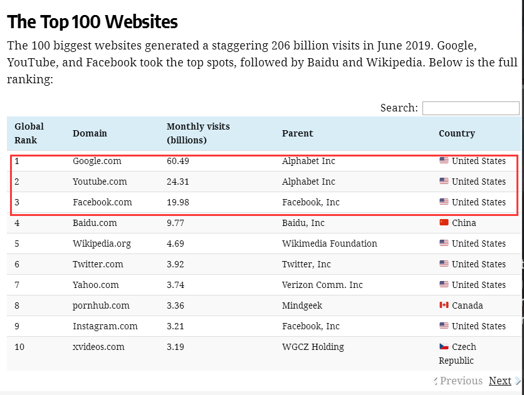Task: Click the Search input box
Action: [471, 108]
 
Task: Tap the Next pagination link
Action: [500, 381]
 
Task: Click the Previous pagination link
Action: [461, 381]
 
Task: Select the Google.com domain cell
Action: [97, 161]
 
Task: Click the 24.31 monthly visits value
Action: [178, 182]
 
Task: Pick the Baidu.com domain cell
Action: [95, 223]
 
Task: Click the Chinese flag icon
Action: [444, 223]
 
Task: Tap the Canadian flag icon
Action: [444, 305]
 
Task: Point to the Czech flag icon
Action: [444, 347]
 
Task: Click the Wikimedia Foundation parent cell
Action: [330, 244]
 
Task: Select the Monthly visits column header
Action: [198, 133]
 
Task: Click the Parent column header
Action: [298, 133]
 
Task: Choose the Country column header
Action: [457, 133]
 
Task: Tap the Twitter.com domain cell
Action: [98, 264]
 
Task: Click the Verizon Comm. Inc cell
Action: [322, 285]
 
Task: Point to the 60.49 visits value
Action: [178, 161]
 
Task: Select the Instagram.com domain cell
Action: [105, 326]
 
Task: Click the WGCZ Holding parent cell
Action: [313, 347]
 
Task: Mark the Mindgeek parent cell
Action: [303, 305]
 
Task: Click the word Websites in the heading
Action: [142, 22]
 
